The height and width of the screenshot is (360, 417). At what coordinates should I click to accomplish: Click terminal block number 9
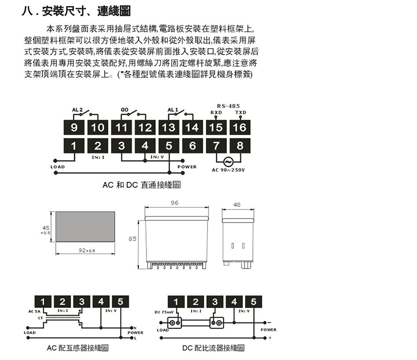pos(73,127)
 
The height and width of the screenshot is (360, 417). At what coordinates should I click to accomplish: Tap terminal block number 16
pos(240,127)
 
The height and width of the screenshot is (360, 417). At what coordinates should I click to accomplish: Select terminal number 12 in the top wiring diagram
pos(145,127)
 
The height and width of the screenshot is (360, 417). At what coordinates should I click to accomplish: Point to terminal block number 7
pos(216,146)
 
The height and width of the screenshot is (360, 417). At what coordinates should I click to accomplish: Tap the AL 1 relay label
pos(173,110)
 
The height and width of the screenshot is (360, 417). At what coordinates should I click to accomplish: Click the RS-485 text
pos(228,105)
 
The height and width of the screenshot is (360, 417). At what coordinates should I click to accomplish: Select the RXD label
pos(216,112)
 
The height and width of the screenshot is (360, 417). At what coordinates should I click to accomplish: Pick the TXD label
pos(240,112)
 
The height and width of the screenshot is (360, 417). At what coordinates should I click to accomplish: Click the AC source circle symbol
pos(228,161)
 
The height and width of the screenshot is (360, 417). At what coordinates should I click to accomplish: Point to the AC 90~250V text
pos(228,170)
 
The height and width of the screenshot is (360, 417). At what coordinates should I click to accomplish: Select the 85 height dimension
pos(133,239)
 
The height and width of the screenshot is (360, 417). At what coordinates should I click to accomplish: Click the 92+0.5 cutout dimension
pos(87,250)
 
